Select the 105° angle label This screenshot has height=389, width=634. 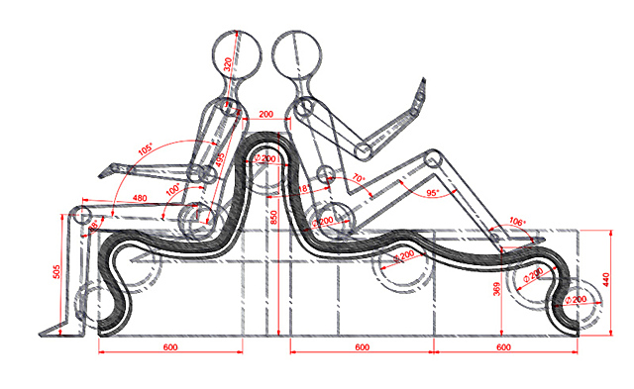146,149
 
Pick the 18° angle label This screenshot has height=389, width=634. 304,186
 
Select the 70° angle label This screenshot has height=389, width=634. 358,179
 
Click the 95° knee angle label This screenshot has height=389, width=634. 431,193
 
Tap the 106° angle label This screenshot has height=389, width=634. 517,222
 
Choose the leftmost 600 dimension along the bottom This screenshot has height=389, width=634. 170,346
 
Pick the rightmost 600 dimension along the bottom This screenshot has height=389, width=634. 503,346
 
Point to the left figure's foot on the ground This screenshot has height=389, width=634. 54,329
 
